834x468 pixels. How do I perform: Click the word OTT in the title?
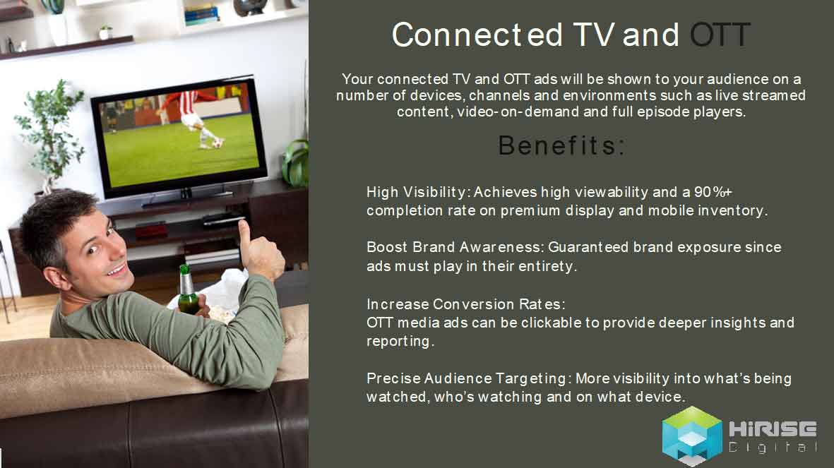(x=720, y=35)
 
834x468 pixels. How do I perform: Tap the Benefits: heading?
(x=561, y=145)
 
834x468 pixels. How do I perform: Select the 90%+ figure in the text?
(x=713, y=192)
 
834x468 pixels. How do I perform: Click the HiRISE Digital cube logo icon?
(x=691, y=436)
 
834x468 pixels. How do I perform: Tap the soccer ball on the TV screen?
(x=217, y=143)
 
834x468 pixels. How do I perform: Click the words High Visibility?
(x=416, y=193)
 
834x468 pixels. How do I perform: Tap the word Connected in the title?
(x=477, y=35)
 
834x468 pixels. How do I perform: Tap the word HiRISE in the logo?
(x=773, y=428)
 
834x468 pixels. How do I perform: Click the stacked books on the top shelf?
(x=201, y=14)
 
